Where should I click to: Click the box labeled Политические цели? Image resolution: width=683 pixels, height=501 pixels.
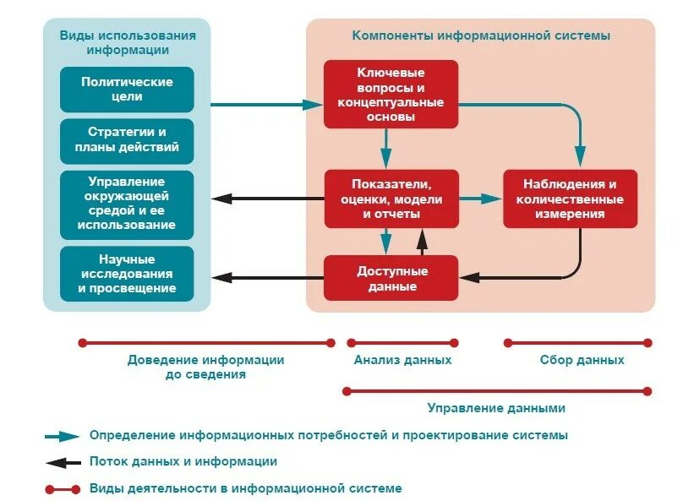[127, 90]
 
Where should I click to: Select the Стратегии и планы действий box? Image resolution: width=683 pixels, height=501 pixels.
[127, 141]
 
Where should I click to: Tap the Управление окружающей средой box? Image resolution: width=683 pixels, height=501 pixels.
[127, 204]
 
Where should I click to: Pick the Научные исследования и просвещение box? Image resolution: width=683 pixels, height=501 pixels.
[127, 274]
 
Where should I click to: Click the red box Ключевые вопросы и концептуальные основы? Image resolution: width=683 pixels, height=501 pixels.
[391, 95]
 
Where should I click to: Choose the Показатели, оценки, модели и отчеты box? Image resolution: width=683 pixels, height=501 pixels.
[391, 199]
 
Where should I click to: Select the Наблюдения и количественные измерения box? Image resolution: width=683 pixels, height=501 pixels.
[570, 199]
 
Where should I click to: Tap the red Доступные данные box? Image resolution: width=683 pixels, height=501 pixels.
[391, 279]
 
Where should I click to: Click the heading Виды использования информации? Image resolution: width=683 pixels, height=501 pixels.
[128, 42]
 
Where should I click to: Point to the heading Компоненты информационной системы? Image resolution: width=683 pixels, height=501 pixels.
[481, 35]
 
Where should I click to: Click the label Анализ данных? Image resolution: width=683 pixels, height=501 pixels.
[402, 360]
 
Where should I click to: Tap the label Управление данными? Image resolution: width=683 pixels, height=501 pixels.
[496, 408]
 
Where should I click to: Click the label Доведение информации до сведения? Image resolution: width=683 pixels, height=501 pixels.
[206, 367]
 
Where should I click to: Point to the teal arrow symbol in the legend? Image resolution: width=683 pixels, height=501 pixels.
[63, 437]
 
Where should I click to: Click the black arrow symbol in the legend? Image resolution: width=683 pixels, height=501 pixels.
[63, 462]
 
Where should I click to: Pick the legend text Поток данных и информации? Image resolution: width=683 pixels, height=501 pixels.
[183, 462]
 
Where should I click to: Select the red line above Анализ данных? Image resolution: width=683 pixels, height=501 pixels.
[402, 343]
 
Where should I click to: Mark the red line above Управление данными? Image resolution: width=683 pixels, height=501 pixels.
[496, 391]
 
